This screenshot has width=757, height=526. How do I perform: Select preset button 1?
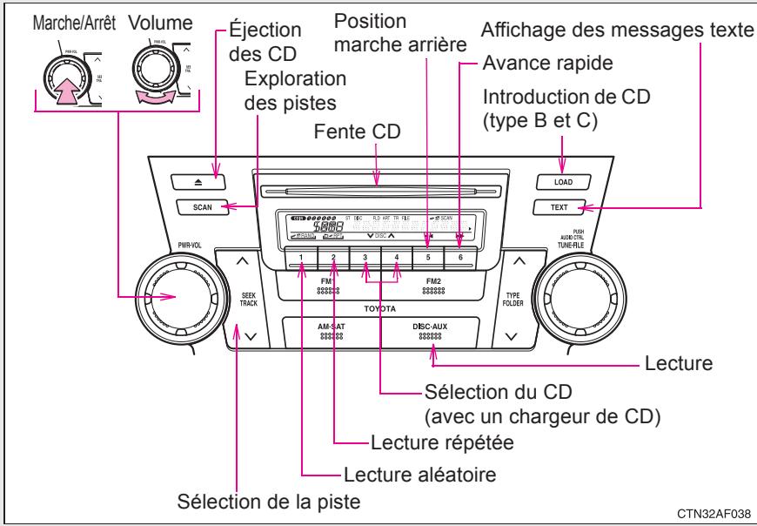[300, 258]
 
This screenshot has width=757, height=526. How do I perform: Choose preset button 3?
[365, 258]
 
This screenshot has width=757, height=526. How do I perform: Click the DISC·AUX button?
[432, 333]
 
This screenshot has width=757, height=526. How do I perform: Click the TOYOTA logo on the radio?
[378, 309]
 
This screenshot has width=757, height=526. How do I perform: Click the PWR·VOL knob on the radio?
[172, 297]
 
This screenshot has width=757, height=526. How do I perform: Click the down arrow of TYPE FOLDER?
[512, 335]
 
